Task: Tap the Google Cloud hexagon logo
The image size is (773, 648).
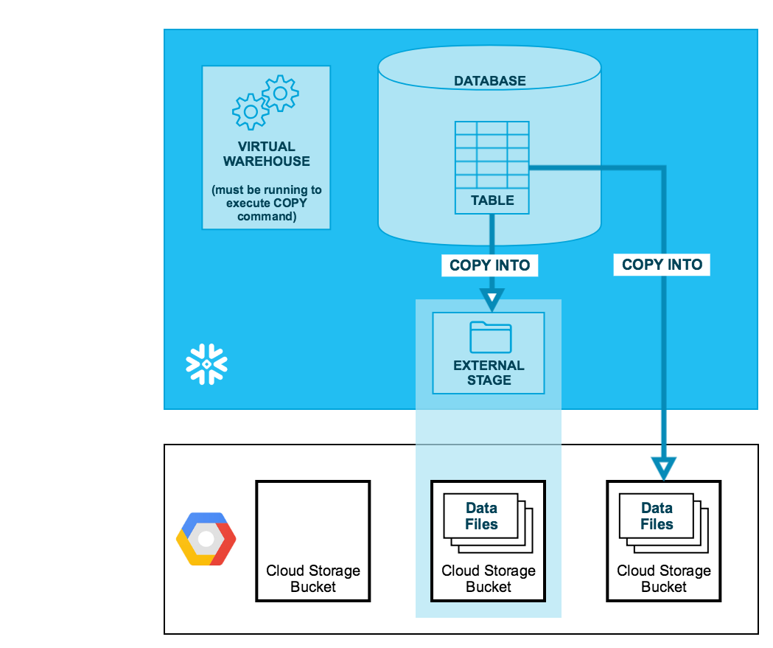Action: tap(206, 539)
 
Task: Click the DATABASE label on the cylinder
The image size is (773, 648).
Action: tap(489, 81)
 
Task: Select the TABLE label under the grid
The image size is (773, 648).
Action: tap(492, 201)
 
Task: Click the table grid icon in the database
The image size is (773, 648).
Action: tap(492, 155)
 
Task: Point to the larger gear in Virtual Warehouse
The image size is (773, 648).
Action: tap(251, 112)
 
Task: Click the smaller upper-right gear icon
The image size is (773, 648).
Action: tap(280, 93)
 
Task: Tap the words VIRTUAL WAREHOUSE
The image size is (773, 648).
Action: tap(267, 154)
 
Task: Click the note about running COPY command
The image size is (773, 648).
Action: tap(267, 203)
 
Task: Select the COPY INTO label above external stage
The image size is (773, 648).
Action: tap(490, 265)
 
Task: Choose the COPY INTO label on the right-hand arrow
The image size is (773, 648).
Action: tap(662, 265)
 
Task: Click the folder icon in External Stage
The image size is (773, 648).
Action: tap(490, 337)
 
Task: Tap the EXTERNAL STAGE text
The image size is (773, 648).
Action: tap(489, 373)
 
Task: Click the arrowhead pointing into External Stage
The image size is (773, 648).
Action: tap(492, 299)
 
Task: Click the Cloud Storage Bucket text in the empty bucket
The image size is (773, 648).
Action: tap(313, 579)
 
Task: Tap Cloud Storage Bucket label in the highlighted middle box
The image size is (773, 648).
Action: tap(489, 579)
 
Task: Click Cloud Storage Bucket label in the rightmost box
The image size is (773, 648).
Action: tap(664, 579)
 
